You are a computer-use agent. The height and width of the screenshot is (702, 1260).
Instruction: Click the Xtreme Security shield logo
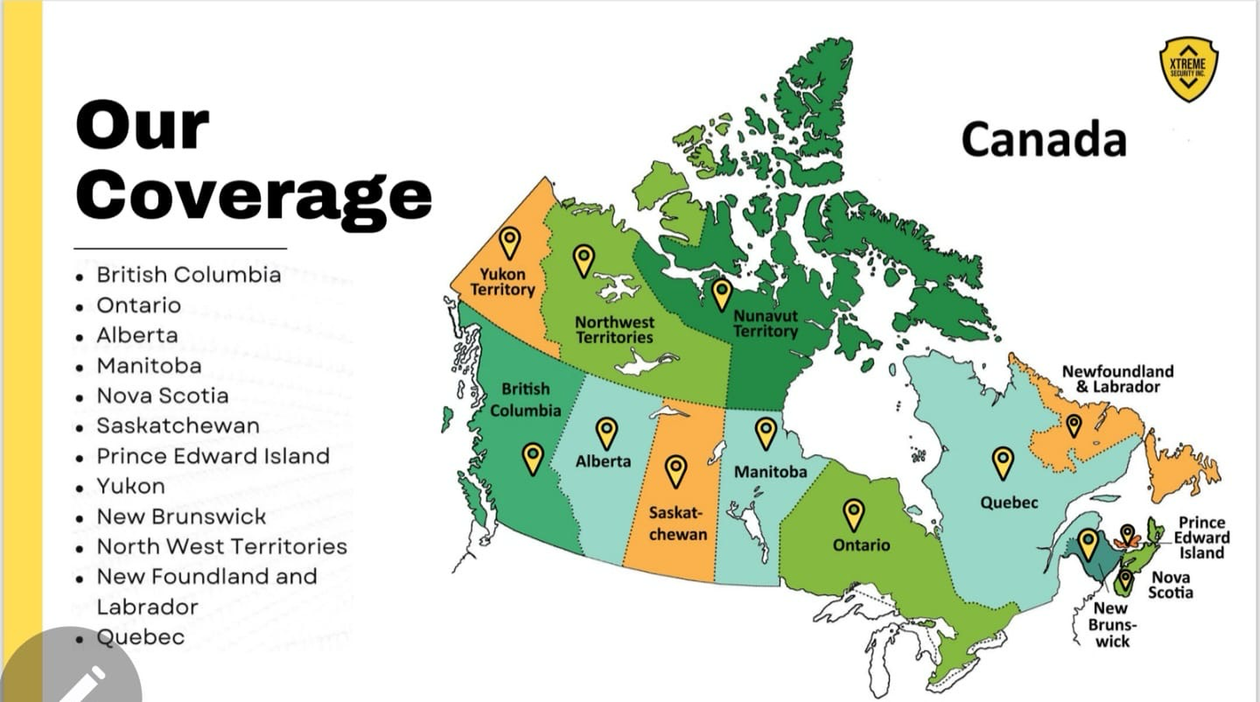click(1188, 69)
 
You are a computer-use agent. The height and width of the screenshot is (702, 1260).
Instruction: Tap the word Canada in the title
click(1043, 140)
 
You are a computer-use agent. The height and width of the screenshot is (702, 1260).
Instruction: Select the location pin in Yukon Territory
click(510, 242)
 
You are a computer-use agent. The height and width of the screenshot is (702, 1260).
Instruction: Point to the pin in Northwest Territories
click(584, 260)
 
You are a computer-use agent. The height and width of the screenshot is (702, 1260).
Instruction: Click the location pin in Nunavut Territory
click(721, 294)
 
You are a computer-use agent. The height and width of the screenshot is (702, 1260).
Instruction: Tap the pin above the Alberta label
click(606, 432)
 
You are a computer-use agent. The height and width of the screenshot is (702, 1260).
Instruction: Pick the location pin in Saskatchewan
click(676, 470)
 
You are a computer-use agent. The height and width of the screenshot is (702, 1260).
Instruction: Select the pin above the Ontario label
click(854, 514)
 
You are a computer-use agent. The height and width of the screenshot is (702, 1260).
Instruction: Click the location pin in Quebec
click(1003, 462)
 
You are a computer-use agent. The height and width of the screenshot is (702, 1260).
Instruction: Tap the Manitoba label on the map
click(770, 472)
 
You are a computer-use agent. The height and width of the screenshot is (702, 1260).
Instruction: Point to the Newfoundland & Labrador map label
click(1118, 379)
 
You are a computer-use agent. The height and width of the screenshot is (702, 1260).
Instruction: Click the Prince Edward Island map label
click(1201, 537)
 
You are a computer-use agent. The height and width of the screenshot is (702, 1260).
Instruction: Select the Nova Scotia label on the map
click(1170, 585)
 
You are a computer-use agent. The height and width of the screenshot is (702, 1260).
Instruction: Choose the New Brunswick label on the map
click(1112, 625)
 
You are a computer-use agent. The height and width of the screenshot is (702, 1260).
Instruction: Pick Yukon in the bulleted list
click(131, 487)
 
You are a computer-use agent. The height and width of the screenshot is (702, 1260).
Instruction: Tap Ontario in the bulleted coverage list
click(139, 305)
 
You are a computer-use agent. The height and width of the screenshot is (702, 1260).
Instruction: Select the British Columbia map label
click(525, 400)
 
